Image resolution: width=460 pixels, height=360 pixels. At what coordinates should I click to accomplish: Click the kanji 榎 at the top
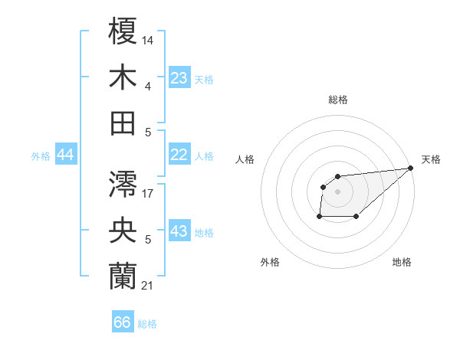coord(123,33)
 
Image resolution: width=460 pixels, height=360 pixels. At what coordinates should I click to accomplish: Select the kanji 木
coord(123,78)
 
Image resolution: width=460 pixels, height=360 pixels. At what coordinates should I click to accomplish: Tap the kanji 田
coord(123,123)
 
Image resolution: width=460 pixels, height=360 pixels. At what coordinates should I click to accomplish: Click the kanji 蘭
coord(123,276)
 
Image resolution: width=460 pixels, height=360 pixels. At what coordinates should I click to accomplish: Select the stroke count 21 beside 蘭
coord(147,285)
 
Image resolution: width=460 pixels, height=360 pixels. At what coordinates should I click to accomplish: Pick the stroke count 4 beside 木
coord(148,86)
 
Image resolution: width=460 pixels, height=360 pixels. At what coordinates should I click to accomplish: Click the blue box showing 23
coord(179,78)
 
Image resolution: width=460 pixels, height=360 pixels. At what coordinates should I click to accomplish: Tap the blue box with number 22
coord(179,155)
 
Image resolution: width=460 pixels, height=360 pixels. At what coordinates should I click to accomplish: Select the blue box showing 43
coord(179,231)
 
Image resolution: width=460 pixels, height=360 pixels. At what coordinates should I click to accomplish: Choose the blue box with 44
coord(66,155)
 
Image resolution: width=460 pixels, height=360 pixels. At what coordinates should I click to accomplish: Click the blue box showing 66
coord(123,322)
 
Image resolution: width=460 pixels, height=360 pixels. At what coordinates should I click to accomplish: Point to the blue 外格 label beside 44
coord(41,156)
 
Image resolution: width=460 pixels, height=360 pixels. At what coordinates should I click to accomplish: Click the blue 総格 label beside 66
coord(147,324)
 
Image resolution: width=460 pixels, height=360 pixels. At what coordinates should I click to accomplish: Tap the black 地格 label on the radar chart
coord(402,262)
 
